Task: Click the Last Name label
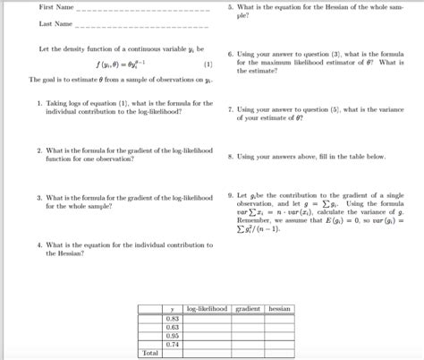[x=55, y=24]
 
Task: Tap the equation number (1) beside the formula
[x=208, y=64]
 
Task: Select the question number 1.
[x=40, y=103]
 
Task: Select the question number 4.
[x=40, y=244]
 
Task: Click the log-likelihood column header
[x=207, y=308]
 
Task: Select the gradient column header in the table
[x=247, y=308]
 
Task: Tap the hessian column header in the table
[x=279, y=308]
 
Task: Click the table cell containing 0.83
[x=172, y=318]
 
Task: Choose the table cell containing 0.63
[x=172, y=327]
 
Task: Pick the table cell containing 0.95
[x=172, y=336]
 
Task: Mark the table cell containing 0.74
[x=172, y=344]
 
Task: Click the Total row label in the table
[x=149, y=353]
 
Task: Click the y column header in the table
[x=172, y=309]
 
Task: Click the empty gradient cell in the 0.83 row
[x=247, y=318]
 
